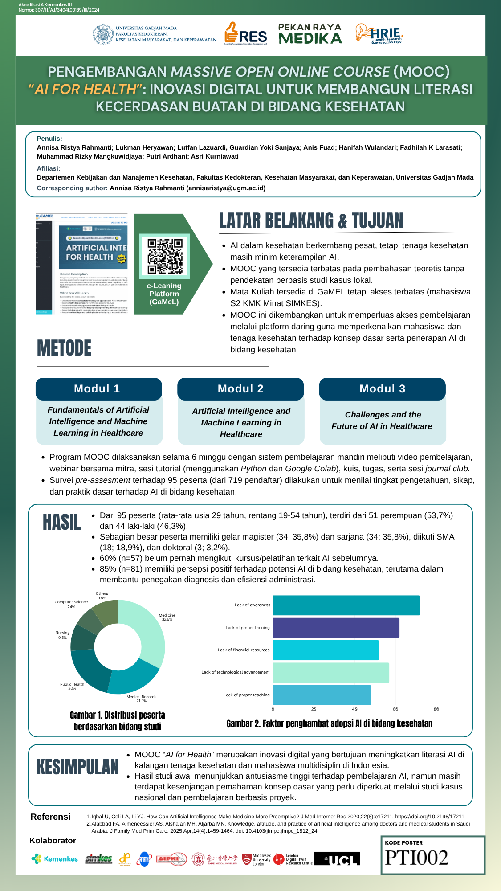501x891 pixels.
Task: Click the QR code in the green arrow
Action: pyautogui.click(x=165, y=256)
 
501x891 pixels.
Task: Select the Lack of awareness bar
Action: pyautogui.click(x=346, y=605)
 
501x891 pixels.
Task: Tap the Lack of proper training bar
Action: pyautogui.click(x=336, y=628)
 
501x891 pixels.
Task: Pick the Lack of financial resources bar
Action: pyautogui.click(x=326, y=650)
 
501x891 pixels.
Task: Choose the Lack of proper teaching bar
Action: pyautogui.click(x=322, y=695)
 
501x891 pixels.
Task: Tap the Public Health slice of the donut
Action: pyautogui.click(x=89, y=668)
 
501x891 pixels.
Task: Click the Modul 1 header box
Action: pyautogui.click(x=98, y=389)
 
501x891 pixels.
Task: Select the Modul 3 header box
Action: pyautogui.click(x=382, y=389)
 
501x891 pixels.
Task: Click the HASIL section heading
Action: pyautogui.click(x=62, y=522)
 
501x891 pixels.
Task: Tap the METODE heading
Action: pyautogui.click(x=64, y=348)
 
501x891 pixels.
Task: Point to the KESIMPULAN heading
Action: pyautogui.click(x=78, y=767)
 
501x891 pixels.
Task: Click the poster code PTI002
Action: pyautogui.click(x=416, y=858)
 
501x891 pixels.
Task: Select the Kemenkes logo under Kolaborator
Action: pyautogui.click(x=55, y=859)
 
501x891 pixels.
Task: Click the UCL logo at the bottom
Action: pyautogui.click(x=337, y=859)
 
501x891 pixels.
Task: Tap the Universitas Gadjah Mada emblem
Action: pyautogui.click(x=103, y=34)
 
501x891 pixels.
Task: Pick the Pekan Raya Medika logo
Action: pyautogui.click(x=310, y=34)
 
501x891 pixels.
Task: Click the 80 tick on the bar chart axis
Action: pyautogui.click(x=436, y=709)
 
